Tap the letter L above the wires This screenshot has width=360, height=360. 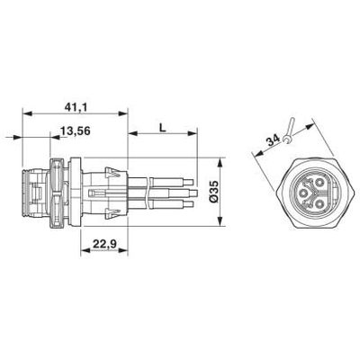coord(162,129)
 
